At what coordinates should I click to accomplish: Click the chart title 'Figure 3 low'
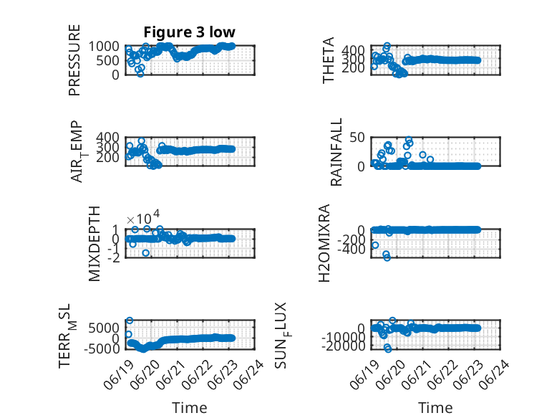(x=189, y=32)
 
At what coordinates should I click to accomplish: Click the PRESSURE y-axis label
(x=74, y=60)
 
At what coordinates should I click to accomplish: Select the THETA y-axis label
(x=329, y=60)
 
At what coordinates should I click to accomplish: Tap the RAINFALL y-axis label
(x=336, y=152)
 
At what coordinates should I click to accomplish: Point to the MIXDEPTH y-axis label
(x=95, y=244)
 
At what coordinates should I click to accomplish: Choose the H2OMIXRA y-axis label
(x=324, y=243)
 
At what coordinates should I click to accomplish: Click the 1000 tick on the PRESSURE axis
(x=104, y=47)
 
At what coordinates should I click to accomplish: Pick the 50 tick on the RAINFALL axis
(x=357, y=138)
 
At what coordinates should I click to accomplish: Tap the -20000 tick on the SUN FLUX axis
(x=343, y=346)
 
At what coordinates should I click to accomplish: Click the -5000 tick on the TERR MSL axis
(x=102, y=348)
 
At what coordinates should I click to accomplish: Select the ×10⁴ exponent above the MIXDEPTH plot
(x=143, y=217)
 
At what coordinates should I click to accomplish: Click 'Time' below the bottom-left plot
(x=189, y=408)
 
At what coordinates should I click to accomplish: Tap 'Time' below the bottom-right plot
(x=435, y=408)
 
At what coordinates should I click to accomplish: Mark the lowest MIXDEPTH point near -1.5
(x=145, y=253)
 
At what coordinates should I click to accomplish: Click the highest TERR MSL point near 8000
(x=130, y=320)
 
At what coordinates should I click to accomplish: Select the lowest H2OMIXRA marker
(x=387, y=257)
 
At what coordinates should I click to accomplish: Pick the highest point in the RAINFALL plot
(x=409, y=139)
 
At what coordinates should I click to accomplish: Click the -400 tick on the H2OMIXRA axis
(x=351, y=250)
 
